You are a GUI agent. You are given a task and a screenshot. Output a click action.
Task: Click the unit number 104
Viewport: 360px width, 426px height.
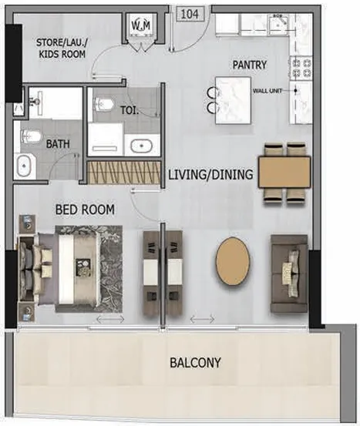[x=189, y=14]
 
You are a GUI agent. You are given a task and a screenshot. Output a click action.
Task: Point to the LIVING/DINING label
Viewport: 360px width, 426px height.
[x=210, y=175]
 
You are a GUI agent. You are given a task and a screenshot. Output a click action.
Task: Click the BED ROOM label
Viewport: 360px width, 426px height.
[x=84, y=209]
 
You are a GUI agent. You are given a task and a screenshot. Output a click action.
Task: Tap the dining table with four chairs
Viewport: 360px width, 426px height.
[x=284, y=173]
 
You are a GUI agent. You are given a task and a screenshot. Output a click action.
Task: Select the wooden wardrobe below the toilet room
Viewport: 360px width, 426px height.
[x=123, y=172]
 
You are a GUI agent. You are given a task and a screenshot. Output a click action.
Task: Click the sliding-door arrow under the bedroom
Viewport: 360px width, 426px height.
[x=109, y=318]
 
